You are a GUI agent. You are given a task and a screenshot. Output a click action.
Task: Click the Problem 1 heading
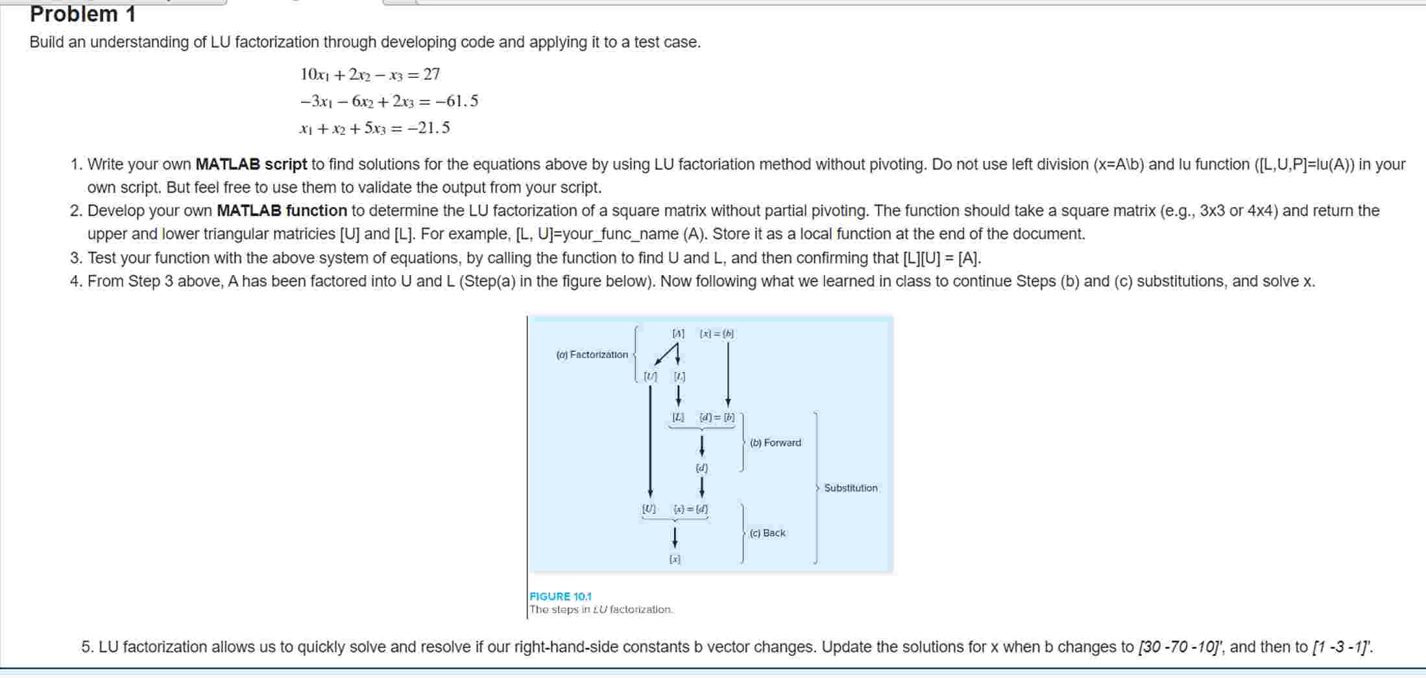[82, 14]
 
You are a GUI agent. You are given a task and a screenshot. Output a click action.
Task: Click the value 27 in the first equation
[431, 75]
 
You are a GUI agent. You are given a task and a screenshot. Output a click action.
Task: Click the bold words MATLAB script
[251, 165]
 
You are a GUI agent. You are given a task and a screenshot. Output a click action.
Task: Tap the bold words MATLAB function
[282, 211]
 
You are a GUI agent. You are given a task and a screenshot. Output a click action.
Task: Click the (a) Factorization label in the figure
[592, 355]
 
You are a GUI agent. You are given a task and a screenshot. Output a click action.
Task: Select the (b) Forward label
[775, 443]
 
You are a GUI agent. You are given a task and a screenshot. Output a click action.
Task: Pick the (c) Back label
[767, 533]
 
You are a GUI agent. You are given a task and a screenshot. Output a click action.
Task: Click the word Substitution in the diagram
[851, 488]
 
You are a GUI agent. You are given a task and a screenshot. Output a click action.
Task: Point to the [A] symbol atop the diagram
[678, 333]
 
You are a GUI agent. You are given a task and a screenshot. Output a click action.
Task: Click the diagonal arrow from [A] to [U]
[666, 355]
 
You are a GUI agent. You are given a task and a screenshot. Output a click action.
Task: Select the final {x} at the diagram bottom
[675, 559]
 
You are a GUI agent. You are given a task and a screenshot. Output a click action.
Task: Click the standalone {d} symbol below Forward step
[701, 468]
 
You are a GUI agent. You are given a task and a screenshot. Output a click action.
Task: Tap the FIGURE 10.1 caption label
[561, 596]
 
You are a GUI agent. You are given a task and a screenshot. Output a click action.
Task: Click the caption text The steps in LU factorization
[601, 610]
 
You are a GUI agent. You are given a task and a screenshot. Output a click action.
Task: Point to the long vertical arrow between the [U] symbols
[650, 441]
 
